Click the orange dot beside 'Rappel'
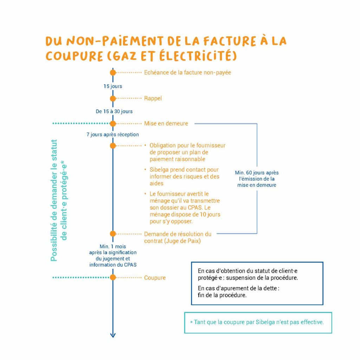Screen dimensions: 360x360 112,98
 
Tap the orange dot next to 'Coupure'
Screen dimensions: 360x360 112,277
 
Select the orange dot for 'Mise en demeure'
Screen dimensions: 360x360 112,123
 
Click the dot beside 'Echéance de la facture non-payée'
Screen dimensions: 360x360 112,72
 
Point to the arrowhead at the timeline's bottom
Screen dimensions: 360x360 112,335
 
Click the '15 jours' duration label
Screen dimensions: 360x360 112,86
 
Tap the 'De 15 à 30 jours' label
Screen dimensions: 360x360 114,111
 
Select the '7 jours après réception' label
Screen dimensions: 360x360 112,134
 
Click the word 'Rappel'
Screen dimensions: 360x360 153,98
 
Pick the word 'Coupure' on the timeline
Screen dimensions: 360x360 155,278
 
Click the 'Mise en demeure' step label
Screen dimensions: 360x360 166,123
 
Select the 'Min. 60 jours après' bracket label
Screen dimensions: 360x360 257,173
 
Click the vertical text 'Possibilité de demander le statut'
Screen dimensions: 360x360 54,200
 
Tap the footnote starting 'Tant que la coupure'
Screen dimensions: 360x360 258,322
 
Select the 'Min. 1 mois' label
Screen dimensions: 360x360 112,247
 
